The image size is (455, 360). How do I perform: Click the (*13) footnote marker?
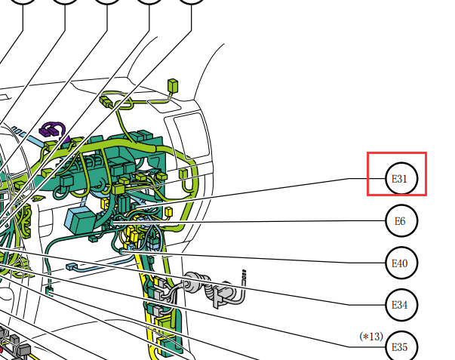click(371, 337)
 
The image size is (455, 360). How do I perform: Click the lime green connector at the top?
click(173, 85)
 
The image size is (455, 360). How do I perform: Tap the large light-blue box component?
click(79, 220)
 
